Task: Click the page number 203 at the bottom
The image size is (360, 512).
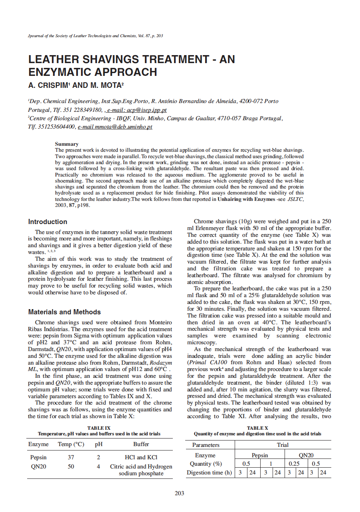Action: (180, 493)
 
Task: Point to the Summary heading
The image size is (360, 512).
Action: (67, 144)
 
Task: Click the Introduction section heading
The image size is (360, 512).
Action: (47, 222)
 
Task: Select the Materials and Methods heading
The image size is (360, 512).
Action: (64, 312)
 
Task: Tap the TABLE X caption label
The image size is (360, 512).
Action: (257, 428)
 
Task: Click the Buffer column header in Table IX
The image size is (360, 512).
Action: (141, 444)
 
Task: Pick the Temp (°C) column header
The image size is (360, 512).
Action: (71, 444)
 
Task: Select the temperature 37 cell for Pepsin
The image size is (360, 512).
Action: (71, 457)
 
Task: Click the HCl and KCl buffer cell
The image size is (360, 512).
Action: (141, 457)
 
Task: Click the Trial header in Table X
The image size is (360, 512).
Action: (283, 445)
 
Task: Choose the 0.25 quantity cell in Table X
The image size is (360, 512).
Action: (296, 464)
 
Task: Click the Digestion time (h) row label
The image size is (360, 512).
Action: (209, 472)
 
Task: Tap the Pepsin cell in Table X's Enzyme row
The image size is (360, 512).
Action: (260, 455)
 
